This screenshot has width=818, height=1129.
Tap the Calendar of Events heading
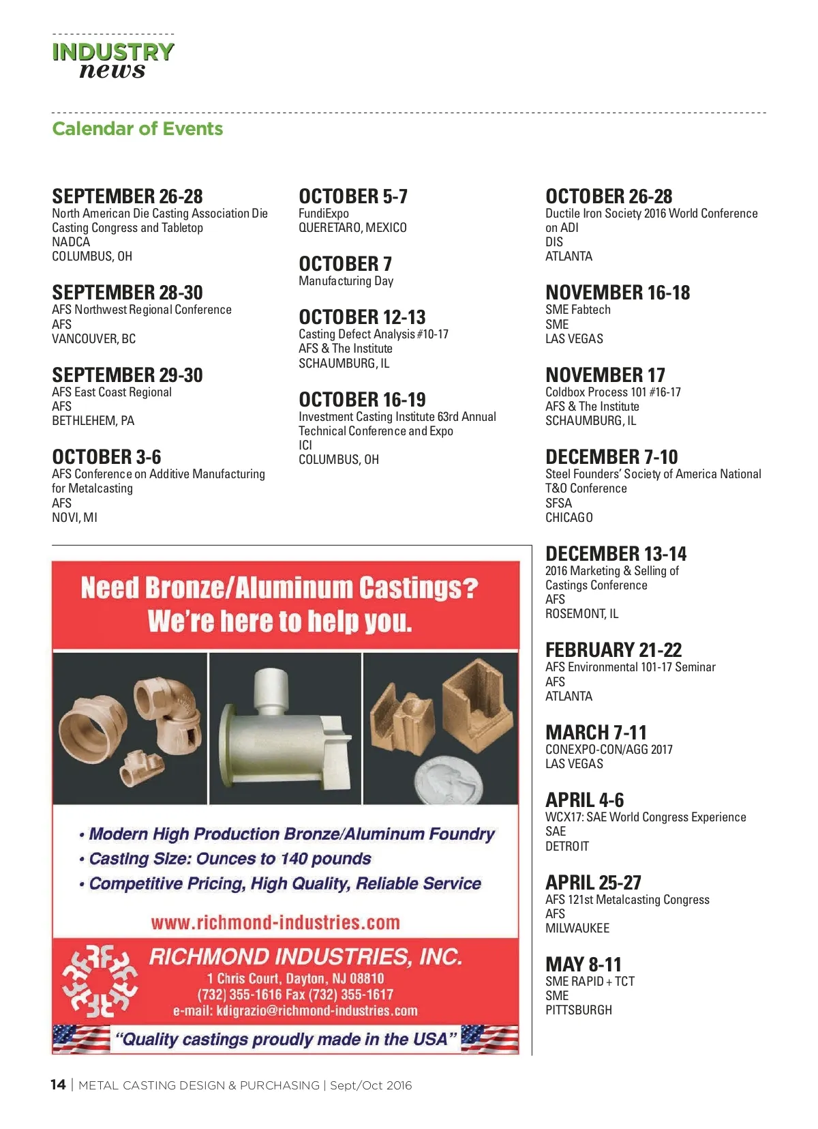point(137,129)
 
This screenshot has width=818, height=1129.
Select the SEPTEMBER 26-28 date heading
point(127,196)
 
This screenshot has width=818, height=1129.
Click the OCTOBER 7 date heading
point(345,264)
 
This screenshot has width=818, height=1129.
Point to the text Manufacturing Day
point(346,281)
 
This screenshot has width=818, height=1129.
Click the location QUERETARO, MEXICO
point(352,228)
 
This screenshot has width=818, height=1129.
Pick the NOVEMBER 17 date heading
point(605,375)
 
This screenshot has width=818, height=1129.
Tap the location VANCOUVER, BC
point(93,339)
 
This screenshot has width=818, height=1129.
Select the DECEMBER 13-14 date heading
point(616,554)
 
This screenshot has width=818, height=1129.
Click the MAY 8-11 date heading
point(583,965)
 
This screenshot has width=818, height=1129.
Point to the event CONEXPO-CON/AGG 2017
point(609,750)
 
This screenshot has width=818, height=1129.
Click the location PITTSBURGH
point(578,1010)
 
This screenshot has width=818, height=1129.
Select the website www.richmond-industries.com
point(275,923)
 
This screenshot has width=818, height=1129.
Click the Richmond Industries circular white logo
point(100,981)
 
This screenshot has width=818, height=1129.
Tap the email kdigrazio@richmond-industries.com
point(295,1011)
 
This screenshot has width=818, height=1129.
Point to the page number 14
point(58,1085)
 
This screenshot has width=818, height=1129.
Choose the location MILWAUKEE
point(577,928)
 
